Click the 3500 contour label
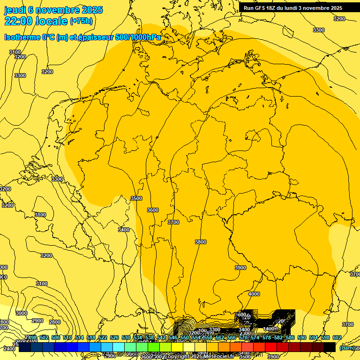(x=136, y=199)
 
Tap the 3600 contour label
(x=153, y=210)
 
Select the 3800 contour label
(x=200, y=242)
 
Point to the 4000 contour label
(x=254, y=294)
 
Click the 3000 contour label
(x=22, y=313)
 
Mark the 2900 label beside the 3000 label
(x=37, y=321)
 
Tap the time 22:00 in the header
(x=19, y=21)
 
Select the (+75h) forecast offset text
(x=81, y=21)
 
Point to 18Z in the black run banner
(x=271, y=8)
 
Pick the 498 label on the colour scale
(x=31, y=337)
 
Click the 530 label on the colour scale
(x=126, y=337)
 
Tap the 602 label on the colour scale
(x=337, y=337)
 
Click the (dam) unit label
(x=347, y=347)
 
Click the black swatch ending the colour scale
(x=330, y=347)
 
